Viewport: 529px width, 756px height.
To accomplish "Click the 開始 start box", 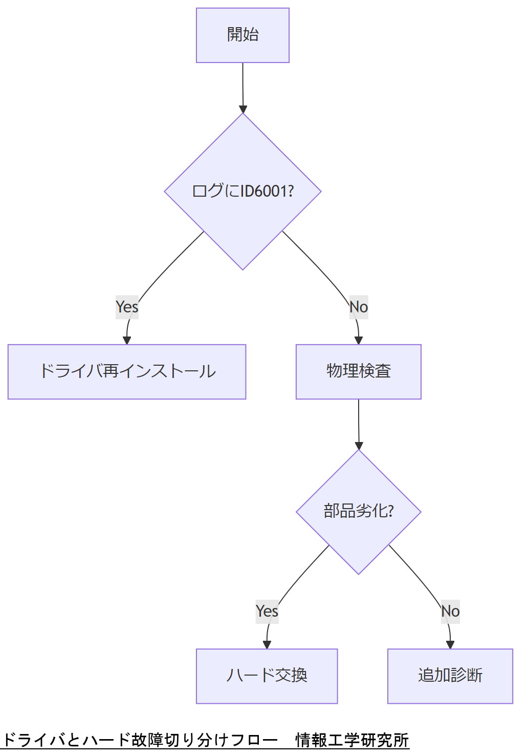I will tap(243, 35).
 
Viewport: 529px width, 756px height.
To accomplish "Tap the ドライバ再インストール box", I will tap(127, 371).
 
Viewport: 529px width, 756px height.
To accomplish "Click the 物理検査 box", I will tap(358, 371).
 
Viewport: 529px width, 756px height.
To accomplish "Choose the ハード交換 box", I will tap(267, 676).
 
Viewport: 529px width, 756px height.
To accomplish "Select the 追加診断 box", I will tap(450, 676).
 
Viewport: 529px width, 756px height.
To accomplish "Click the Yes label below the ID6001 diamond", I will tap(127, 307).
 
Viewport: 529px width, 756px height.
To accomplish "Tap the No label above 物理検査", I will tap(359, 307).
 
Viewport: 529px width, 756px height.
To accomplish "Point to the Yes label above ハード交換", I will tap(267, 611).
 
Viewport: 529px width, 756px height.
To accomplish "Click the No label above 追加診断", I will tap(450, 611).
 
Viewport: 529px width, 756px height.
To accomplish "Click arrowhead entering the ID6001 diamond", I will tap(243, 109).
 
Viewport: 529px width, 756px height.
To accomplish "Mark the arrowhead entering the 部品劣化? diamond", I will tap(359, 446).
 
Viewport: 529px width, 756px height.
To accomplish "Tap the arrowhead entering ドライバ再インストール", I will tap(127, 340).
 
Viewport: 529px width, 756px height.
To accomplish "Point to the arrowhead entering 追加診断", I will tap(450, 645).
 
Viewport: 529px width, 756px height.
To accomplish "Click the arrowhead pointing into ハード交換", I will tap(267, 645).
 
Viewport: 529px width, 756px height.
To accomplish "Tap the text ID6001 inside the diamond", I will tap(263, 191).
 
